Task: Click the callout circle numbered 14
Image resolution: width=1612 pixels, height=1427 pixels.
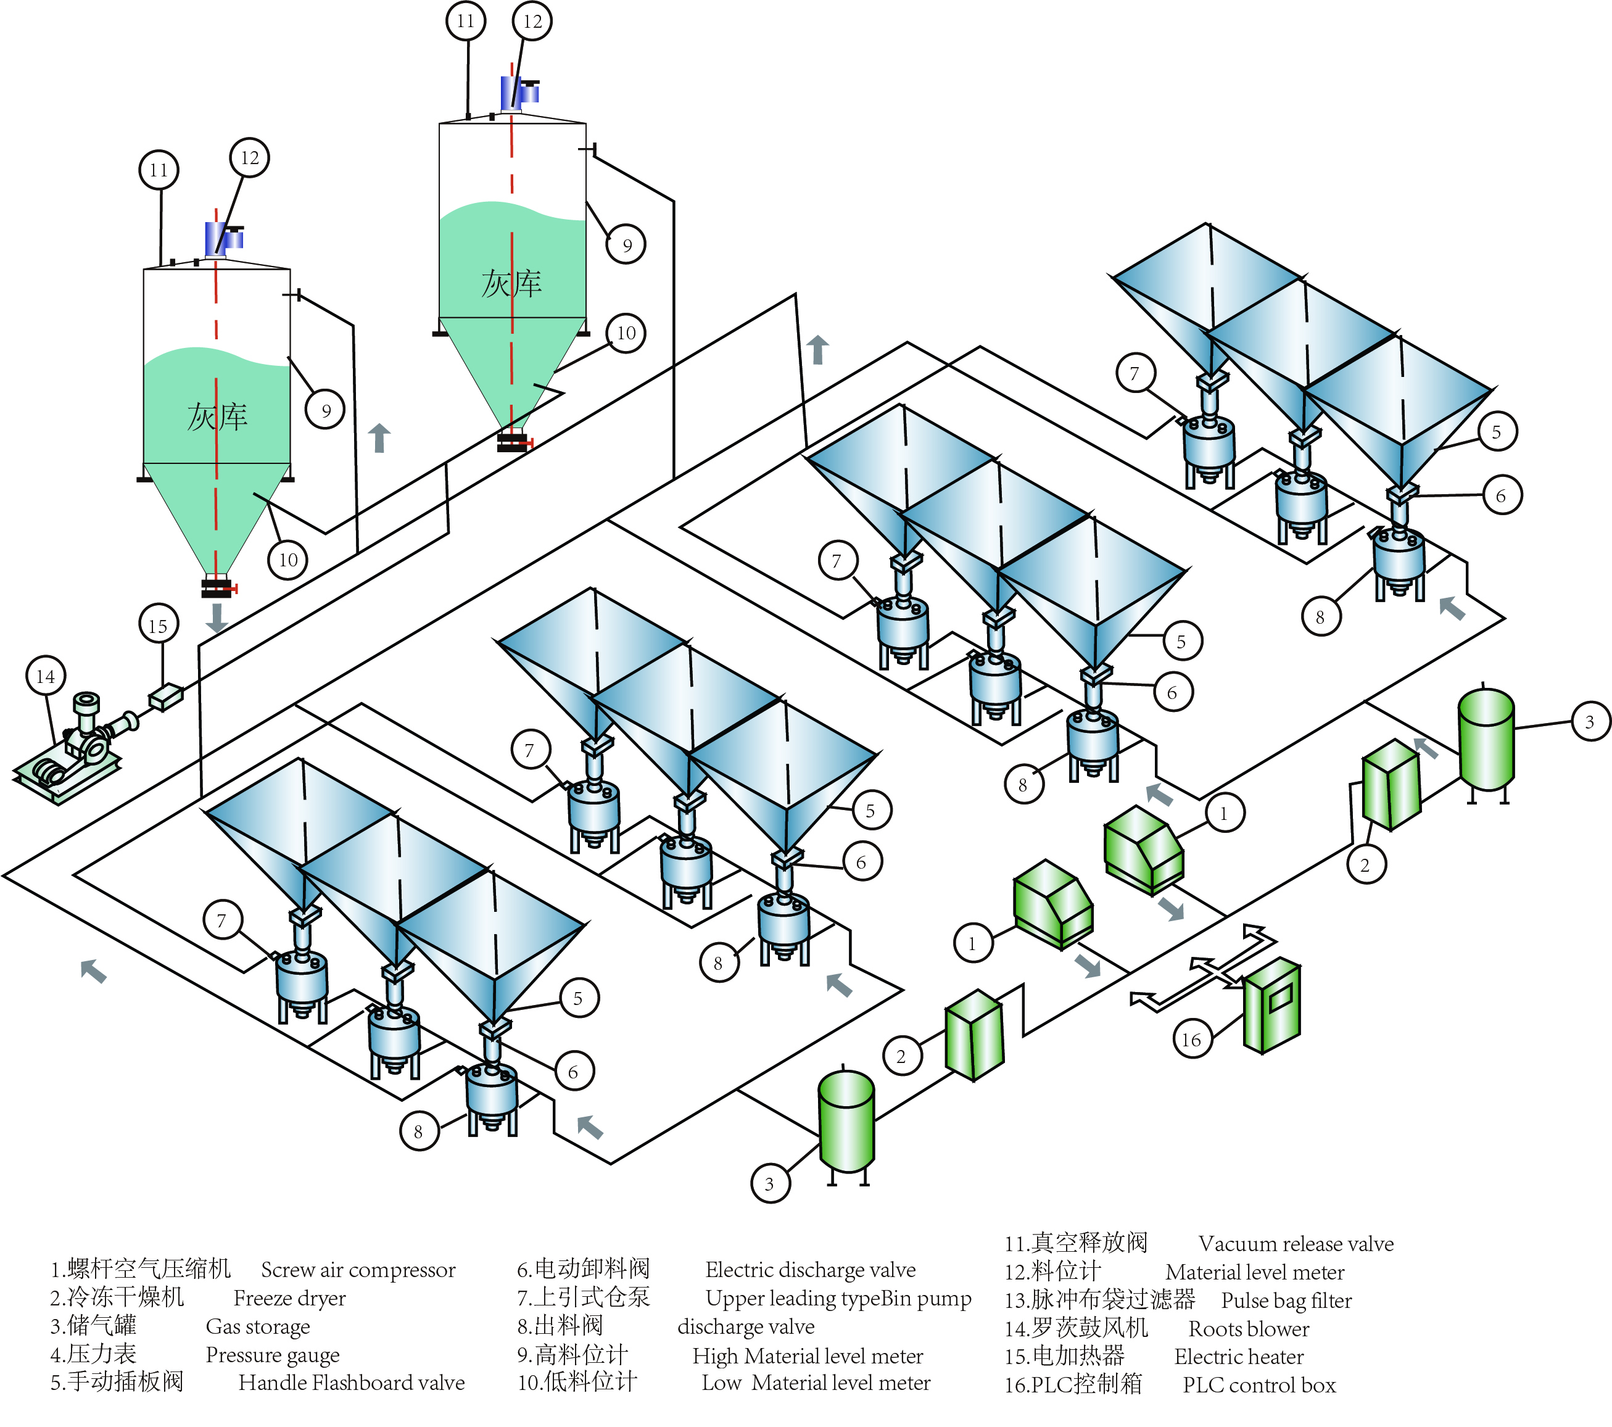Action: tap(46, 676)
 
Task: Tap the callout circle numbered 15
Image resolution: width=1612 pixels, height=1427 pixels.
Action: tap(159, 626)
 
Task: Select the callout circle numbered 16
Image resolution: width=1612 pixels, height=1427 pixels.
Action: tap(1192, 1040)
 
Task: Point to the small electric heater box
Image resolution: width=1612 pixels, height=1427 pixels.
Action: tap(165, 697)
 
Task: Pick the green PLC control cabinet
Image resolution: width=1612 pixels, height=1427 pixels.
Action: tap(1271, 1005)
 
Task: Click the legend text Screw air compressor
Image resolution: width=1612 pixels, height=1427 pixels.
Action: tap(358, 1270)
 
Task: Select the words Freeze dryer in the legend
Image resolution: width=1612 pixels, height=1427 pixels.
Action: tap(289, 1299)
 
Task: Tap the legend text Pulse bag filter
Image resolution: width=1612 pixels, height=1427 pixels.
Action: tap(1286, 1301)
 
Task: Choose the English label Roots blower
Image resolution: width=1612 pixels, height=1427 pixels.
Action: tap(1249, 1329)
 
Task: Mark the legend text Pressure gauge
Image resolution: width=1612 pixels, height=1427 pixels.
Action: tap(272, 1355)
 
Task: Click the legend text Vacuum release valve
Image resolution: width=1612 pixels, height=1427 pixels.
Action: tap(1296, 1244)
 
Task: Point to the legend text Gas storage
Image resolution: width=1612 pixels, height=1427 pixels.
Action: tap(258, 1327)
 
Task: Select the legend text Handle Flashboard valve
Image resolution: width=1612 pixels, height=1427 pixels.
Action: tap(352, 1383)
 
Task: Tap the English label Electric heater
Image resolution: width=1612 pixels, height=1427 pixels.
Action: tap(1238, 1357)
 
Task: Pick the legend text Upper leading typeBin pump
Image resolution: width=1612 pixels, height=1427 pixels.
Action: tap(838, 1299)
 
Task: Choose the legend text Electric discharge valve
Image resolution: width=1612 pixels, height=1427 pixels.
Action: tap(810, 1270)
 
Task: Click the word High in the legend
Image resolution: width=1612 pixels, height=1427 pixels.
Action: tap(714, 1356)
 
